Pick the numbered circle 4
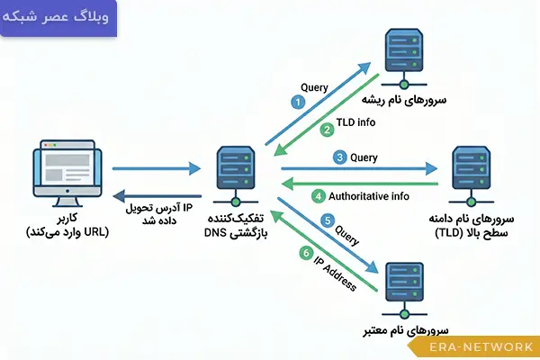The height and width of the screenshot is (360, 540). (316, 196)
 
